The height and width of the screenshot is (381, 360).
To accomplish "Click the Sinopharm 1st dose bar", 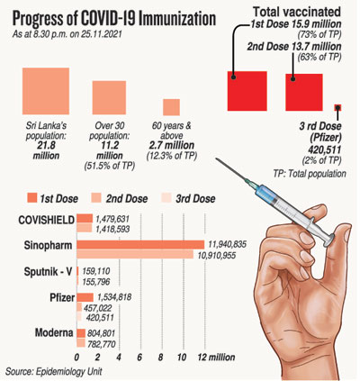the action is tap(140, 245).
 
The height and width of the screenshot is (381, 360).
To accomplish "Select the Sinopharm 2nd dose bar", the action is tap(135, 254).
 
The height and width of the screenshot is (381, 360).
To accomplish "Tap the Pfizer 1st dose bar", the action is tap(85, 297).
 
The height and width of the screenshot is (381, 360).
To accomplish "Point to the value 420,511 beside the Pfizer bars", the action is tap(100, 318).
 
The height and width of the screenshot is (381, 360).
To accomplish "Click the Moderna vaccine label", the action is tap(54, 332).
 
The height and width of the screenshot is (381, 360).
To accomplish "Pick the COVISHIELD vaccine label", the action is tap(46, 220).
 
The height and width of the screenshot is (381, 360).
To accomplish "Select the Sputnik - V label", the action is tap(48, 272).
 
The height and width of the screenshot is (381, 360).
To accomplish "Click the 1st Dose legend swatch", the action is tap(31, 198).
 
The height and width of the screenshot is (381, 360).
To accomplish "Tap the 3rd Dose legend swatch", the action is tap(166, 198).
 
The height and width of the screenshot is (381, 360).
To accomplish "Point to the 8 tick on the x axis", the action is tap(161, 358).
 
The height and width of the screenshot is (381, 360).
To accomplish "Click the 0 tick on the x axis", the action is tap(76, 358).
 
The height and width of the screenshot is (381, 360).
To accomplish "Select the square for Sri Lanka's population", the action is tap(46, 91).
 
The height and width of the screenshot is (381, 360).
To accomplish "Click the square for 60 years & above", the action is tap(171, 107).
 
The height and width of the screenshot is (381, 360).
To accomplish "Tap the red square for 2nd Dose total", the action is tap(304, 93).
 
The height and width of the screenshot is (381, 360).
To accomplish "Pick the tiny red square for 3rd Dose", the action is tap(337, 108).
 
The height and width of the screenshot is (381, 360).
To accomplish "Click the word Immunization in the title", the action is tap(179, 19).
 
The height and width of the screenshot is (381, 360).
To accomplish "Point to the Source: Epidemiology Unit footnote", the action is tap(54, 371).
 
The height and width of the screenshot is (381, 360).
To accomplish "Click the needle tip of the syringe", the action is tap(217, 159).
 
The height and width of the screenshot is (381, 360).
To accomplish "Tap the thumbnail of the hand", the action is tap(347, 233).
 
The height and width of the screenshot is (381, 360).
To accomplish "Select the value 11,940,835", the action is tap(228, 244).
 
